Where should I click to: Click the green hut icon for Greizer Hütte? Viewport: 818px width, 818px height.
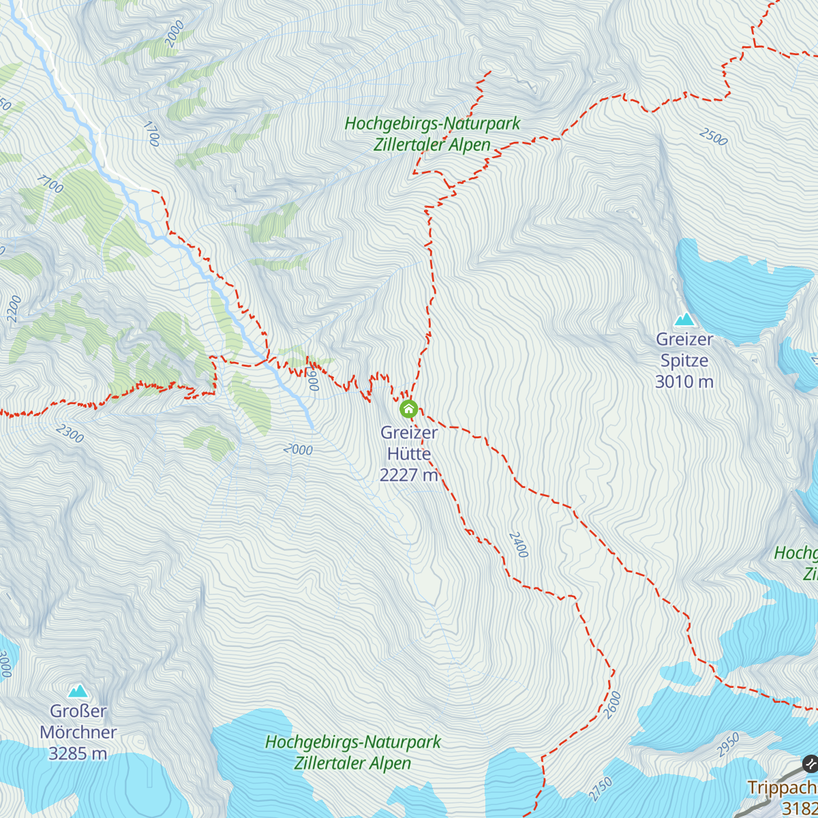pyautogui.click(x=408, y=409)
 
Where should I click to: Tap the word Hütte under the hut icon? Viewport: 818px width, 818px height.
pyautogui.click(x=409, y=454)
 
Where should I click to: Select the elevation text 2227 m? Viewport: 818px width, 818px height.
pyautogui.click(x=408, y=475)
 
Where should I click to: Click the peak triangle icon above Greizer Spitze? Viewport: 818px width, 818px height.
pyautogui.click(x=684, y=319)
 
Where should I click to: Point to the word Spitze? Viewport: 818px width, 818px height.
pyautogui.click(x=684, y=361)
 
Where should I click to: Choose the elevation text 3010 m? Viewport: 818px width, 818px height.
pyautogui.click(x=684, y=382)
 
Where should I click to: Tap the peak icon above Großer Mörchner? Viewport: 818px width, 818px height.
pyautogui.click(x=78, y=691)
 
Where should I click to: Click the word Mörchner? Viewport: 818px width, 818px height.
pyautogui.click(x=78, y=733)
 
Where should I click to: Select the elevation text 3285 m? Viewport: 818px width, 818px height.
pyautogui.click(x=78, y=754)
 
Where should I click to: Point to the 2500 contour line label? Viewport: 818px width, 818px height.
pyautogui.click(x=714, y=136)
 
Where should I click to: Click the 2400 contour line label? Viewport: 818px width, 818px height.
pyautogui.click(x=518, y=545)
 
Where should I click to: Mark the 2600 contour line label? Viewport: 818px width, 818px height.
pyautogui.click(x=612, y=705)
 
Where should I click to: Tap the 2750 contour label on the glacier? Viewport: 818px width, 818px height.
pyautogui.click(x=600, y=789)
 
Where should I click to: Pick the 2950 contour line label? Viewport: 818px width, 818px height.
pyautogui.click(x=728, y=745)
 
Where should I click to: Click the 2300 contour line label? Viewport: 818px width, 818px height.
pyautogui.click(x=70, y=434)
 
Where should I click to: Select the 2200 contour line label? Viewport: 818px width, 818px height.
pyautogui.click(x=14, y=309)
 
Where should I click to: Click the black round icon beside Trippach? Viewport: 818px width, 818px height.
pyautogui.click(x=810, y=763)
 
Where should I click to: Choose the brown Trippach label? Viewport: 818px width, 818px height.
pyautogui.click(x=782, y=788)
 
